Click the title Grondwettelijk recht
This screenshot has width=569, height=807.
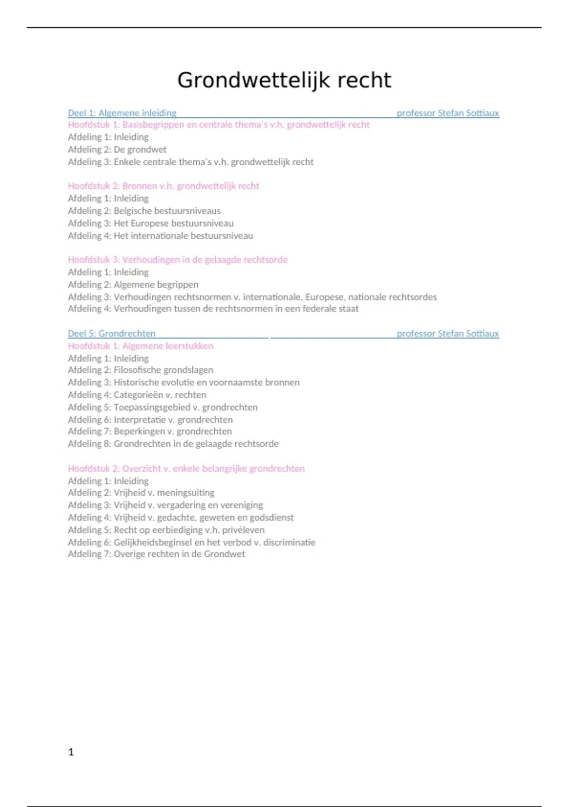pyautogui.click(x=284, y=80)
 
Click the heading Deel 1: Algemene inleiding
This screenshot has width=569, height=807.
pyautogui.click(x=122, y=113)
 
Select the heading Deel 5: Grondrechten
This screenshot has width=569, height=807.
pyautogui.click(x=111, y=333)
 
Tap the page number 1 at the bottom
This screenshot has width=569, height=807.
pyautogui.click(x=71, y=751)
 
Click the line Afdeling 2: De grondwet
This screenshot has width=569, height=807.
pyautogui.click(x=117, y=150)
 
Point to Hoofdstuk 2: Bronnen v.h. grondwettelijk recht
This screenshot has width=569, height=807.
pyautogui.click(x=164, y=186)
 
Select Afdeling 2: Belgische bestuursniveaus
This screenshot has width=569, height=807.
pyautogui.click(x=144, y=211)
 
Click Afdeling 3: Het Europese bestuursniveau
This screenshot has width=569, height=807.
pyautogui.click(x=151, y=223)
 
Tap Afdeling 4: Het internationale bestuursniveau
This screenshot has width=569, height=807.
pyautogui.click(x=160, y=235)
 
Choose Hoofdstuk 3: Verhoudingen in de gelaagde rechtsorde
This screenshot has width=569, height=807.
pyautogui.click(x=178, y=260)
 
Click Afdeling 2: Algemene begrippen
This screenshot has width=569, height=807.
pyautogui.click(x=133, y=284)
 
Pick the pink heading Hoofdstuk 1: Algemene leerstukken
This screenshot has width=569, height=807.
pyautogui.click(x=140, y=346)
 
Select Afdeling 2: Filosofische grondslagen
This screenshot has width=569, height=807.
pyautogui.click(x=140, y=370)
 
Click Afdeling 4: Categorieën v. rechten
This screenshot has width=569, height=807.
pyautogui.click(x=137, y=394)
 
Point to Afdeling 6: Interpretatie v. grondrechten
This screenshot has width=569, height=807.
pyautogui.click(x=150, y=420)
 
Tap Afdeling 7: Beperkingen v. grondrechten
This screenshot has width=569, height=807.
pyautogui.click(x=150, y=431)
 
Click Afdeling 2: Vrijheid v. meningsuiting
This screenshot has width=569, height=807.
pyautogui.click(x=141, y=492)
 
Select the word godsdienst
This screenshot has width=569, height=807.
pyautogui.click(x=271, y=517)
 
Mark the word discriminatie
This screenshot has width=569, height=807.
pyautogui.click(x=289, y=542)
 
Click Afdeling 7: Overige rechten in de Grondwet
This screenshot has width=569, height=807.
pyautogui.click(x=156, y=554)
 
